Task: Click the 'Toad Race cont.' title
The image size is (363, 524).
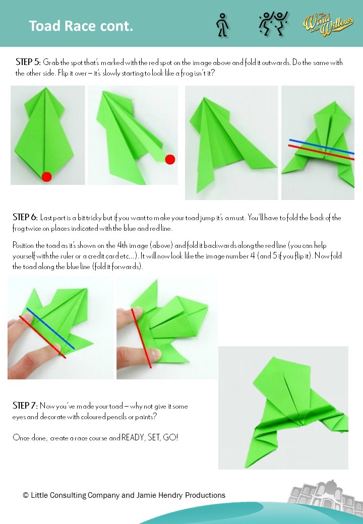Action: pyautogui.click(x=81, y=26)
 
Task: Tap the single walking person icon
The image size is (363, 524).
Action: pyautogui.click(x=222, y=25)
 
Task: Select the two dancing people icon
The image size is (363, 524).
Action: pyautogui.click(x=273, y=24)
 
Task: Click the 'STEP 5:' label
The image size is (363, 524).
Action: pyautogui.click(x=28, y=62)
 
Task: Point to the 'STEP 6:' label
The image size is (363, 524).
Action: pyautogui.click(x=25, y=218)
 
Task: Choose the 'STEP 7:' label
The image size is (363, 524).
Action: pyautogui.click(x=25, y=406)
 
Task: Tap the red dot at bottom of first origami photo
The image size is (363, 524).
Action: pyautogui.click(x=47, y=176)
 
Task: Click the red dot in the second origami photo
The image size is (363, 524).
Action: pyautogui.click(x=170, y=159)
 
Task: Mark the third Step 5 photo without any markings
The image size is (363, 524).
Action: pyautogui.click(x=231, y=143)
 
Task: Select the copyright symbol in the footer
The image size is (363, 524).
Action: pyautogui.click(x=25, y=495)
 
